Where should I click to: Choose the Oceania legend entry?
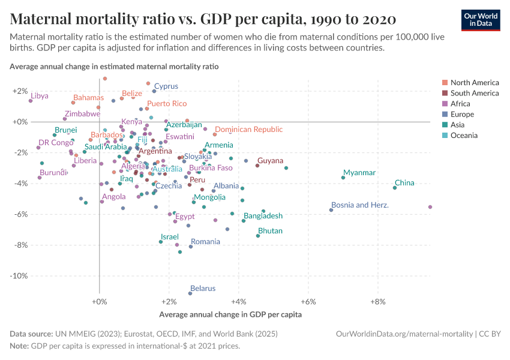pos(464,136)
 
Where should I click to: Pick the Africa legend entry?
pos(461,104)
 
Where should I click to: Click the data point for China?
pos(395,188)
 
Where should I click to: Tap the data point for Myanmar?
pos(343,178)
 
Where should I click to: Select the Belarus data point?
pos(190,293)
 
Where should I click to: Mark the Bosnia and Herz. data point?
pos(331,210)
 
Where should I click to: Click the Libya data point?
pos(31,101)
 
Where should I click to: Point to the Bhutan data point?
pos(258,236)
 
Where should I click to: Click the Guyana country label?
pos(270,161)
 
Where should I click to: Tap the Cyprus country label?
pos(166,86)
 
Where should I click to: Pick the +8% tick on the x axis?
pos(377,301)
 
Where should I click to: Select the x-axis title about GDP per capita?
pos(230,314)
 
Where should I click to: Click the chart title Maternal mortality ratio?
pos(203,19)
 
